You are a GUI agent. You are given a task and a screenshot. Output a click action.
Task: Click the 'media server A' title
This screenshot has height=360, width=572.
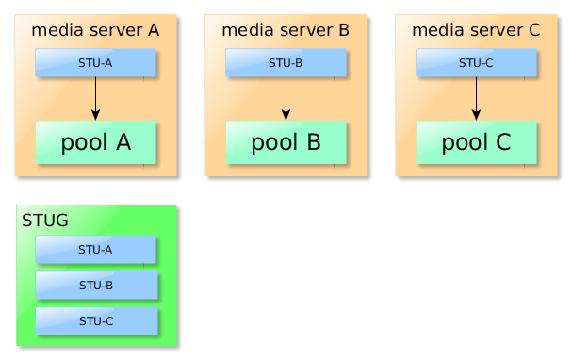(x=95, y=30)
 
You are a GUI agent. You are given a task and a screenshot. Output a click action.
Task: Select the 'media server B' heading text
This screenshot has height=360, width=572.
(x=286, y=30)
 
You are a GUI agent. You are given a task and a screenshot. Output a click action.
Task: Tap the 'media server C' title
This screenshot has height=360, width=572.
(x=476, y=30)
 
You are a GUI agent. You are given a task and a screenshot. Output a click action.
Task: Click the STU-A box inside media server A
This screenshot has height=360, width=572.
(x=95, y=63)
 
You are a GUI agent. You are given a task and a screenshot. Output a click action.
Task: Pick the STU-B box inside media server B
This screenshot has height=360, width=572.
(x=286, y=63)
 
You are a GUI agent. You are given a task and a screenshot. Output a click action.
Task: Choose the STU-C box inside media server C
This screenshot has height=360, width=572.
(x=476, y=63)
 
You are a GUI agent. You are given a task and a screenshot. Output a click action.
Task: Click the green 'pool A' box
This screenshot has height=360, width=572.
(x=95, y=142)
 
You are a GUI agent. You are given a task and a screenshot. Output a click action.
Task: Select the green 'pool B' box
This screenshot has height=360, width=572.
(x=286, y=142)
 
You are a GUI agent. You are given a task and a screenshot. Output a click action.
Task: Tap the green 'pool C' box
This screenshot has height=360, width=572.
(x=476, y=142)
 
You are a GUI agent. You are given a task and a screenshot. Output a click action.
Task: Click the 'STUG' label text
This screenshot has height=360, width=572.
(x=44, y=221)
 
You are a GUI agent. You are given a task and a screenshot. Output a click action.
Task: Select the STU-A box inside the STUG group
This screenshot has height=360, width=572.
(x=95, y=250)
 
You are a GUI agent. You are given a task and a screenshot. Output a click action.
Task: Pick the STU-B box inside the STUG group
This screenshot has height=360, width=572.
(x=95, y=285)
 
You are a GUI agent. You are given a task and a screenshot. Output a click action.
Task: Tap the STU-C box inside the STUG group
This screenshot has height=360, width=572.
(x=95, y=320)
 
